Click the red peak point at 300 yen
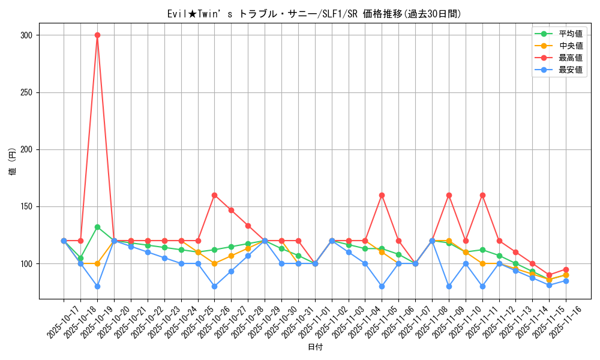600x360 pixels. [97, 35]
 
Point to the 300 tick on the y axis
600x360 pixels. [26, 35]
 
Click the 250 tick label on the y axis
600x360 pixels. [26, 92]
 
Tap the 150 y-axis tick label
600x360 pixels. [26, 206]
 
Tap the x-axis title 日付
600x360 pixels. [315, 347]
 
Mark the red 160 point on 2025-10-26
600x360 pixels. [214, 195]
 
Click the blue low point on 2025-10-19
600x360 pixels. [97, 286]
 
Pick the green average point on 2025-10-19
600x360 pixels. [97, 227]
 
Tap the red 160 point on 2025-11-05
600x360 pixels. [382, 195]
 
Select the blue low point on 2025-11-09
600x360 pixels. [449, 286]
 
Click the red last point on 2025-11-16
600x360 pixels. [566, 269]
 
